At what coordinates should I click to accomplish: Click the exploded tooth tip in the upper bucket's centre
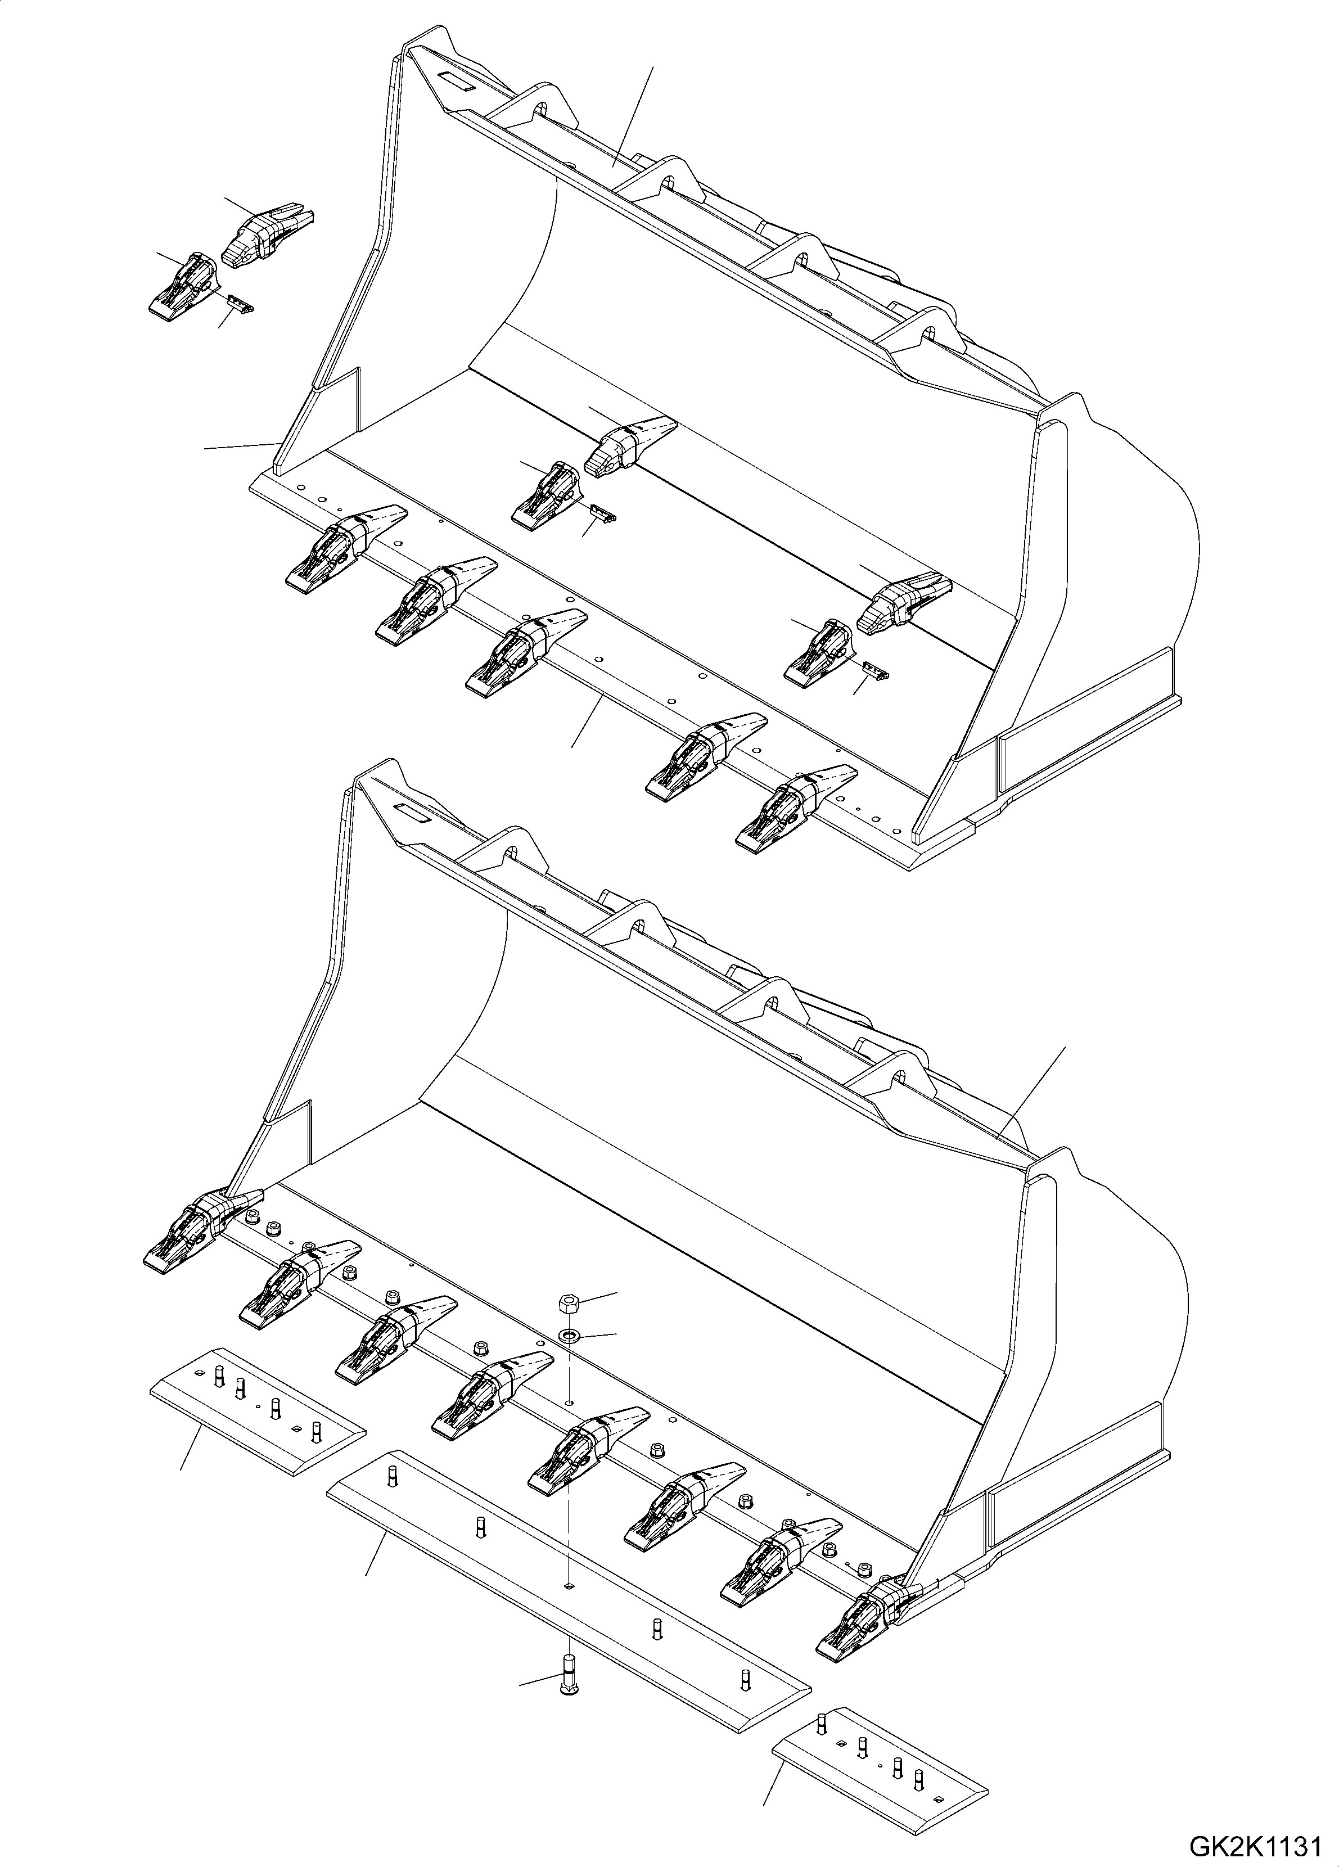click(630, 446)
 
